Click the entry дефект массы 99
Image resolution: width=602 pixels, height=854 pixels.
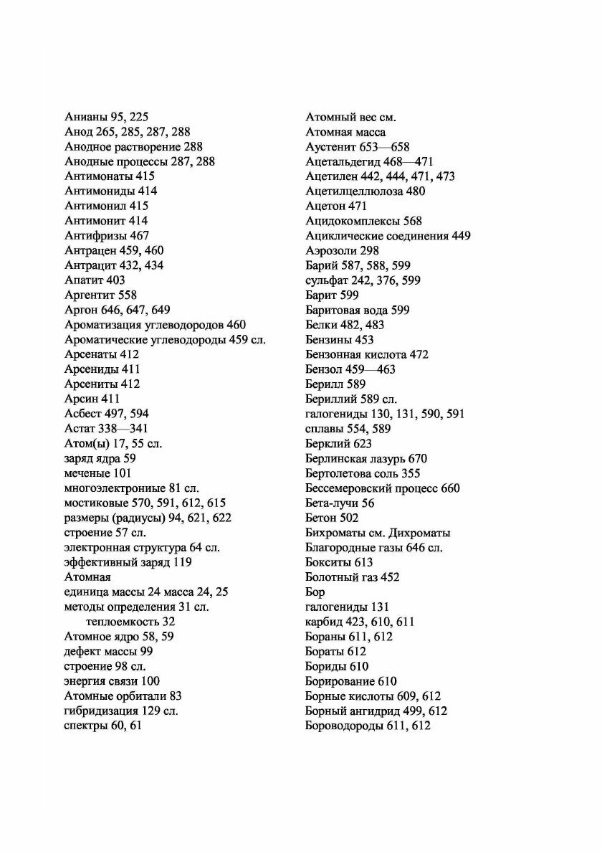[107, 651]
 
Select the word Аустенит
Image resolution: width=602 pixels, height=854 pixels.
[331, 147]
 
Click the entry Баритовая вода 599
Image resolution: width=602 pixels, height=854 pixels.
[368, 310]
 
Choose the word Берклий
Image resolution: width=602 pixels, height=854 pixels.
[328, 444]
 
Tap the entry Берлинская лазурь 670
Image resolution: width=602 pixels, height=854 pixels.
[366, 458]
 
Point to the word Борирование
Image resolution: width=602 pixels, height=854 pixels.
[339, 681]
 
